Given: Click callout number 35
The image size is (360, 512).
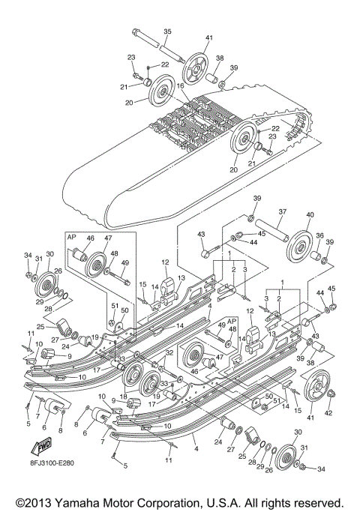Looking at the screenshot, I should (x=166, y=31).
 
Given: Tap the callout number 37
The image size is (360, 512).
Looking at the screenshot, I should (x=281, y=212).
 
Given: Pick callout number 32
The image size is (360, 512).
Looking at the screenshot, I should (x=169, y=352).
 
